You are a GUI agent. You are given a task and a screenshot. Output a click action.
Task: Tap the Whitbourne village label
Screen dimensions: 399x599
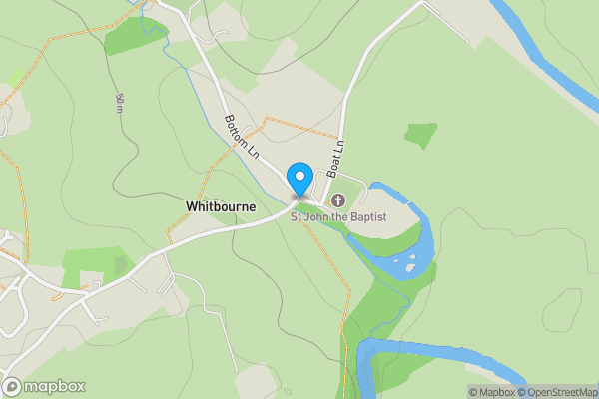point(221,206)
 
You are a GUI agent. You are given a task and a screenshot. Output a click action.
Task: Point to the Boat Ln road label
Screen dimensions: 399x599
point(338,158)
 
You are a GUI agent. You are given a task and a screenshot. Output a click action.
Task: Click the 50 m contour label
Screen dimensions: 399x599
point(120,104)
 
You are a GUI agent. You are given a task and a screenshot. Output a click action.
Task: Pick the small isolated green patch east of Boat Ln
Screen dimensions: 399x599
point(421,135)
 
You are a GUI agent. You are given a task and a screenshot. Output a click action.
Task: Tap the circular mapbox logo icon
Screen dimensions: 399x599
point(13,386)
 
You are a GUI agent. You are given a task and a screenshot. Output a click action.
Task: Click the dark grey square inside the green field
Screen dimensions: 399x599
point(121,265)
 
